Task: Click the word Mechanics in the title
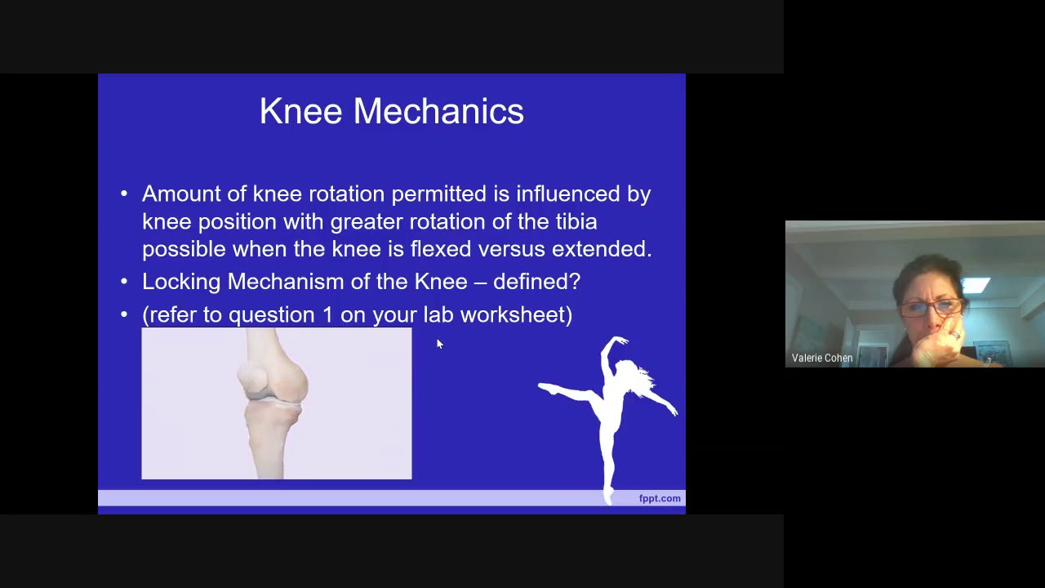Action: click(x=438, y=112)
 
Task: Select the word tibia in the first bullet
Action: click(x=576, y=221)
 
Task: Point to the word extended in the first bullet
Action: click(x=601, y=249)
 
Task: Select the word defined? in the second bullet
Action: click(x=536, y=282)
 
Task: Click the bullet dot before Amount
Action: click(x=124, y=194)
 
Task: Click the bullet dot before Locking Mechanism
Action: click(x=124, y=282)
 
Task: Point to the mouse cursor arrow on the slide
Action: click(x=438, y=344)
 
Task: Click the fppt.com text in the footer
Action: click(x=659, y=498)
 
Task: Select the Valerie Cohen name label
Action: click(x=821, y=358)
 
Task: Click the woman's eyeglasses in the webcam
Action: click(x=932, y=308)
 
